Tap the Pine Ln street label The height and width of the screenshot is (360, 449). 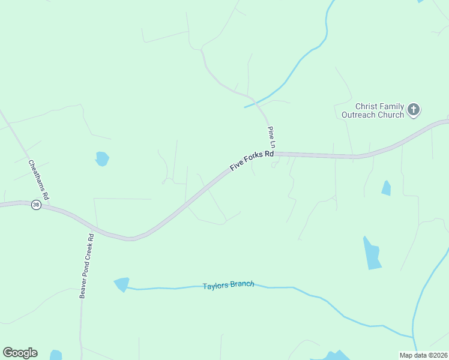pyautogui.click(x=271, y=138)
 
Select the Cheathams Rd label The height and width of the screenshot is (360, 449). pyautogui.click(x=38, y=179)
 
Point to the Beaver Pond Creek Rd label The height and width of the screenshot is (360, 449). pyautogui.click(x=87, y=266)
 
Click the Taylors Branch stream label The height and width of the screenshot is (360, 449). pyautogui.click(x=228, y=285)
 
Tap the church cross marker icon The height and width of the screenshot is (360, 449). pyautogui.click(x=413, y=110)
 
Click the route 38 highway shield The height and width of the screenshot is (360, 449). pyautogui.click(x=36, y=205)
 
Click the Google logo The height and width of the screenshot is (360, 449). pyautogui.click(x=20, y=353)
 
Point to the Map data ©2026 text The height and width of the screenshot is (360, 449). pyautogui.click(x=423, y=355)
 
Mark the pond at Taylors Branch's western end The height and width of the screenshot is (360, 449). pyautogui.click(x=122, y=283)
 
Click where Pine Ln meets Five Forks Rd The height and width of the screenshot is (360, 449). pyautogui.click(x=276, y=154)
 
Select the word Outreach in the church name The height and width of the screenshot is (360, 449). pyautogui.click(x=360, y=115)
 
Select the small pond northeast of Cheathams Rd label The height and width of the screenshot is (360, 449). pyautogui.click(x=102, y=158)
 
